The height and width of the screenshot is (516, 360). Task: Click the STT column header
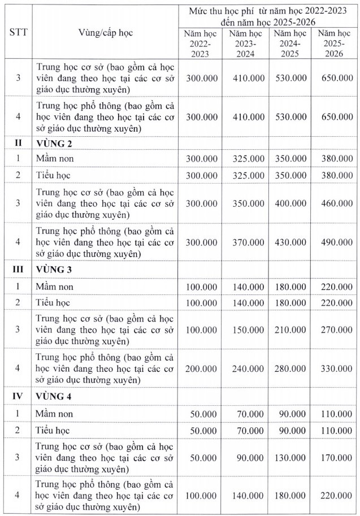tap(18, 33)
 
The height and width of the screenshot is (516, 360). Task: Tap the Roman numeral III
tap(18, 269)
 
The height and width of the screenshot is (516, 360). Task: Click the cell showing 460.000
tap(337, 202)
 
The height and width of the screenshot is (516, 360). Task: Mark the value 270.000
tap(337, 328)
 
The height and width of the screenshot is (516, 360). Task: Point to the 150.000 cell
tap(248, 328)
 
